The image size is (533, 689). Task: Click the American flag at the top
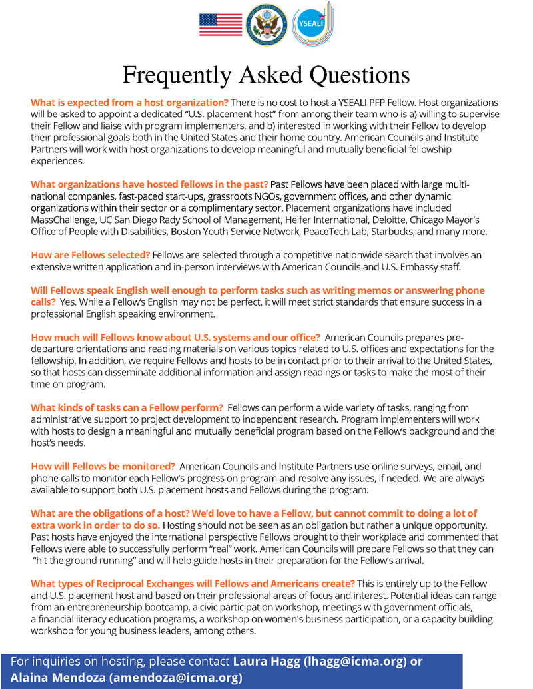[x=221, y=25]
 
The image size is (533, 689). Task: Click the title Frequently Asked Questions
[x=266, y=75]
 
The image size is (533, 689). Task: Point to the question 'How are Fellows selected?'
[x=91, y=255]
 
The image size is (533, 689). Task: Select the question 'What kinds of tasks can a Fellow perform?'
[x=126, y=407]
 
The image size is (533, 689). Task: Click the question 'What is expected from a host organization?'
[x=129, y=103]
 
